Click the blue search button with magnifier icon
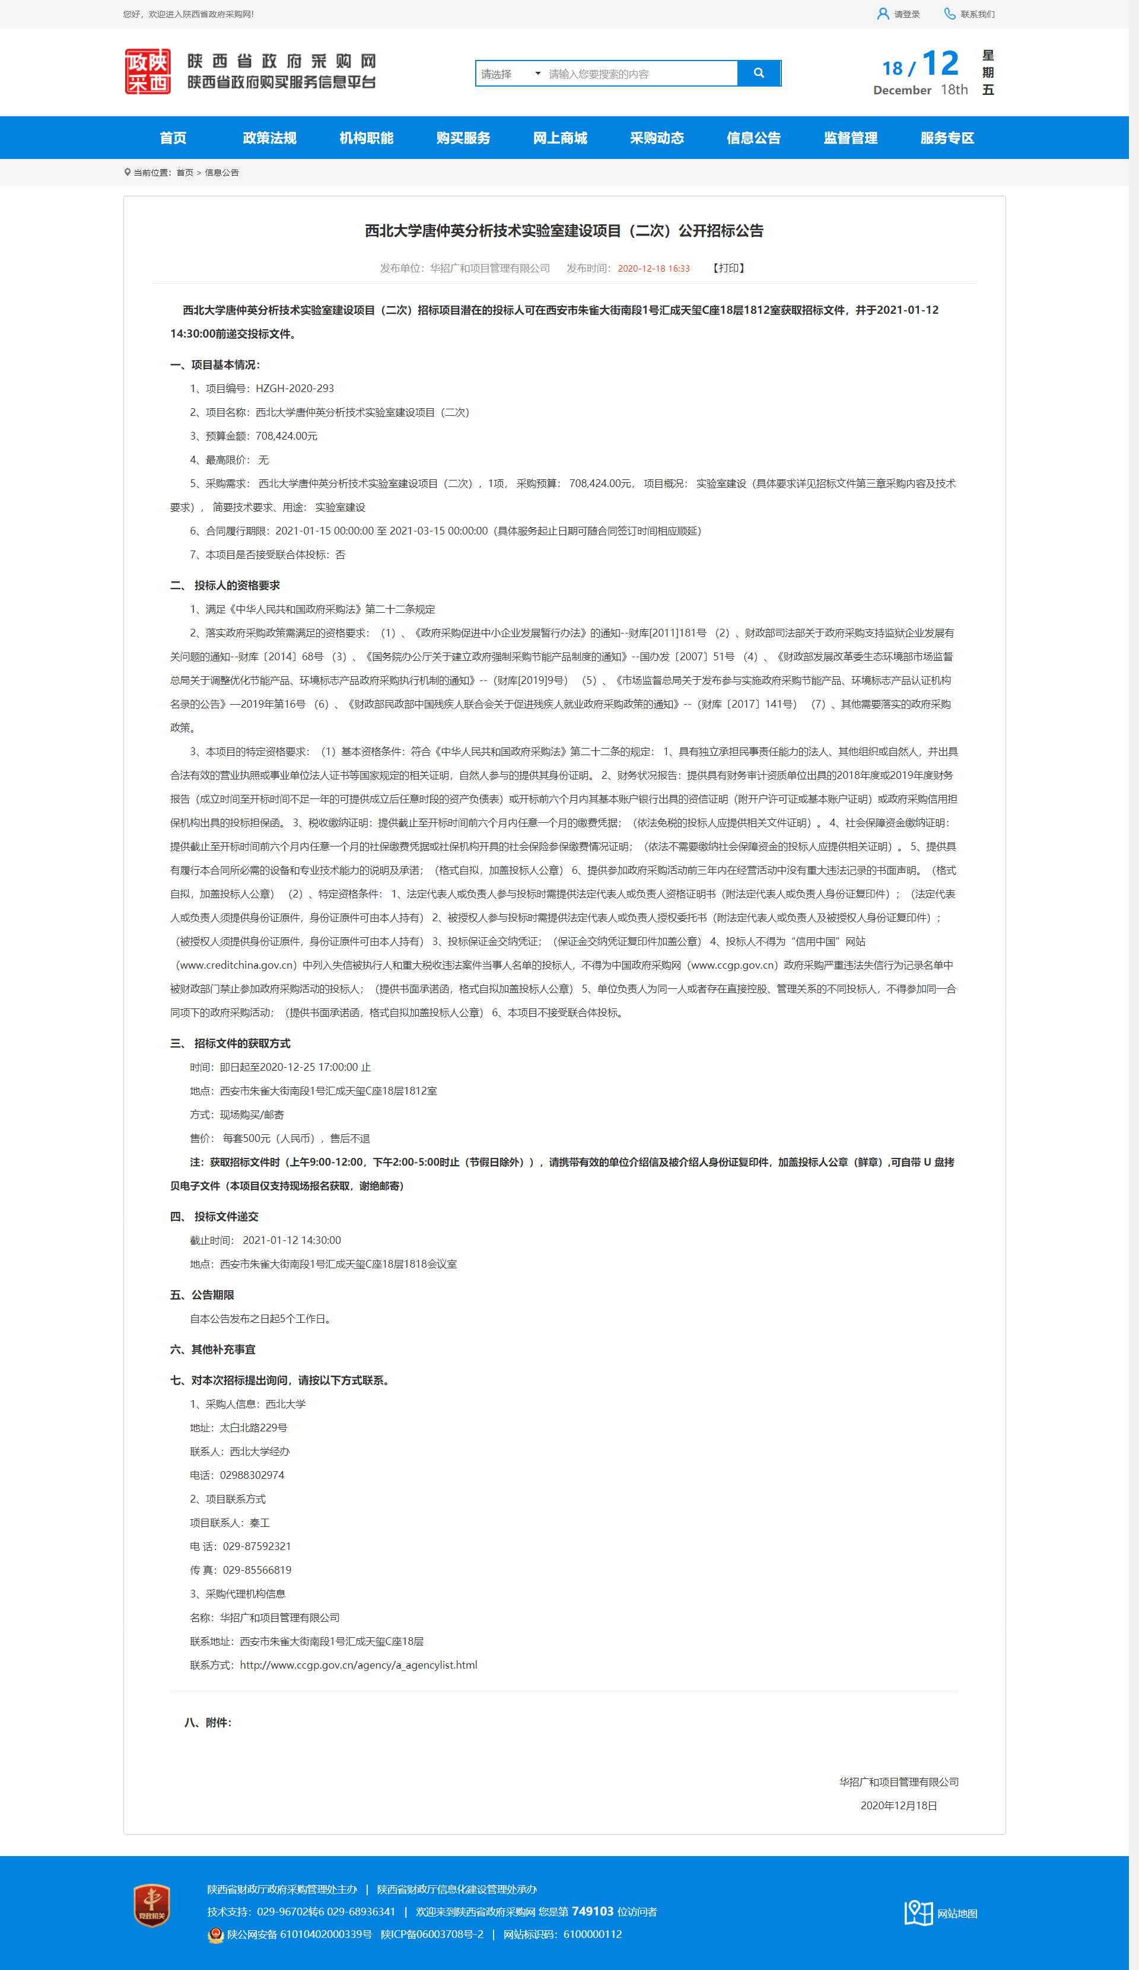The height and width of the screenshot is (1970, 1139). [758, 74]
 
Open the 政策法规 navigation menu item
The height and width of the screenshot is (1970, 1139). [270, 138]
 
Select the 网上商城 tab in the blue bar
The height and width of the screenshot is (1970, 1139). [560, 138]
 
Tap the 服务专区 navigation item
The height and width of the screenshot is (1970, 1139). [947, 138]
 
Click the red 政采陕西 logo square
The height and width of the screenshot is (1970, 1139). [148, 72]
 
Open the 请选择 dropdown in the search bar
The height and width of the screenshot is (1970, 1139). [510, 74]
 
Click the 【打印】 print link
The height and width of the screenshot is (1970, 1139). [728, 268]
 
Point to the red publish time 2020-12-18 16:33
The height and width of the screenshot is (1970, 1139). [654, 269]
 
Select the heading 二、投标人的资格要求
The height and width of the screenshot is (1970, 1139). [225, 585]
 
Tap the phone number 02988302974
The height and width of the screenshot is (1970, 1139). [252, 1475]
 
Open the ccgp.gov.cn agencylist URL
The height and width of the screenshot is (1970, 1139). [358, 1665]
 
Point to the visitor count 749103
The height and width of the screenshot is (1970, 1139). [593, 1911]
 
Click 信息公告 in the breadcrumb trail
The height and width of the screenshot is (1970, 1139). [222, 173]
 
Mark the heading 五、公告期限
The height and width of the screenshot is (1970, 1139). [202, 1296]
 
